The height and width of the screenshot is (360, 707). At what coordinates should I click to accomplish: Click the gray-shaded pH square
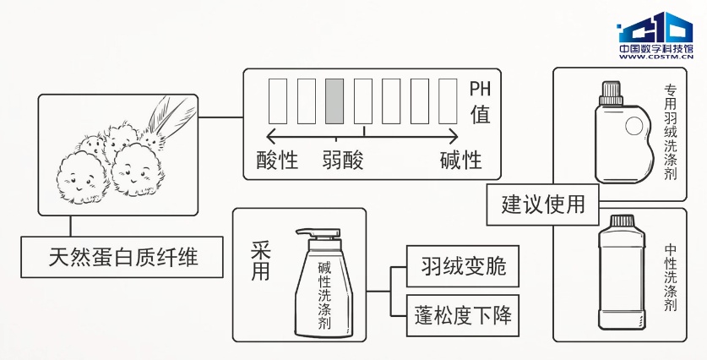tap(334, 101)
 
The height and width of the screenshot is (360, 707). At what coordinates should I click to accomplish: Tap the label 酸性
tap(277, 159)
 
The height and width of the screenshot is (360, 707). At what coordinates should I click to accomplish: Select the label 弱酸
tap(343, 159)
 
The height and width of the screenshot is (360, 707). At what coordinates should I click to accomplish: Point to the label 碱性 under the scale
tap(460, 159)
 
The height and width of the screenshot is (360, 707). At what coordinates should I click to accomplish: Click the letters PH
tap(479, 88)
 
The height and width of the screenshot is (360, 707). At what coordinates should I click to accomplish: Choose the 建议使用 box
tap(543, 204)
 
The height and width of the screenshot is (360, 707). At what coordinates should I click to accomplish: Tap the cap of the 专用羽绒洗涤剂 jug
tap(611, 89)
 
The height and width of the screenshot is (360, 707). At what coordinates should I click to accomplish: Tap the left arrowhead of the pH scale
tap(271, 135)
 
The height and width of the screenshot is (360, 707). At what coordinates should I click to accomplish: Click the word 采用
tap(260, 260)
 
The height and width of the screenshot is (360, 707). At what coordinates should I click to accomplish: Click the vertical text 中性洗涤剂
tap(670, 280)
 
